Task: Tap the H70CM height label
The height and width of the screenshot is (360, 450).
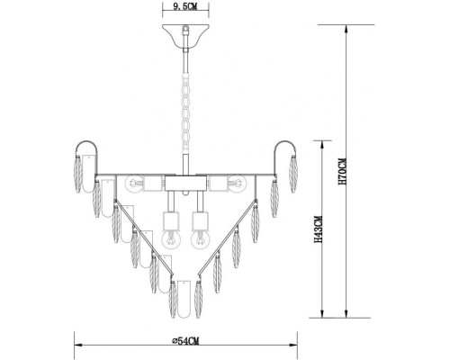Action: (x=341, y=173)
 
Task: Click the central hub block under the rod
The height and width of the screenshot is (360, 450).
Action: (x=185, y=184)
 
